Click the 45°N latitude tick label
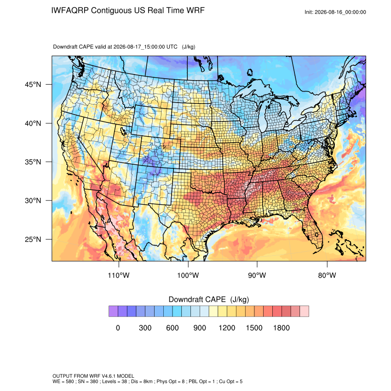click(33, 85)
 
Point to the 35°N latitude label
click(33, 162)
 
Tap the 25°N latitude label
click(33, 239)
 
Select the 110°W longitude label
click(119, 275)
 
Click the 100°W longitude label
click(188, 275)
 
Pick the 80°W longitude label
click(327, 275)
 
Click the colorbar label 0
click(118, 328)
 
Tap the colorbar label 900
click(200, 328)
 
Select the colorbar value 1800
click(281, 328)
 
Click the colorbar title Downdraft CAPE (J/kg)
click(209, 299)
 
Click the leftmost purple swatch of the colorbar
click(113, 311)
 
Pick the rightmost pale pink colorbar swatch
click(304, 311)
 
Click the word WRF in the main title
click(196, 11)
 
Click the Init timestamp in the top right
click(335, 12)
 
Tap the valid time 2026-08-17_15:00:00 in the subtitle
click(145, 46)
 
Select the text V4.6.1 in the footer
click(109, 376)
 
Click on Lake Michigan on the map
click(263, 117)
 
